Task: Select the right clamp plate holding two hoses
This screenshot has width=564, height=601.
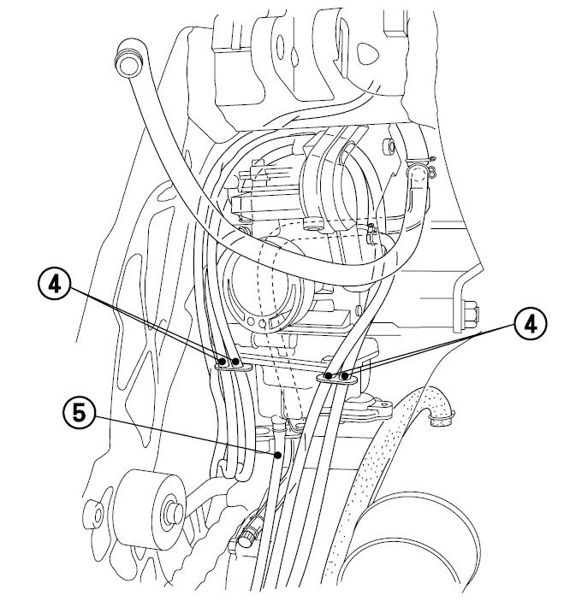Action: click(336, 376)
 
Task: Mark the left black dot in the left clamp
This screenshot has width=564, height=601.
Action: click(223, 363)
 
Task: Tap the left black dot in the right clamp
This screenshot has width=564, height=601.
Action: click(329, 376)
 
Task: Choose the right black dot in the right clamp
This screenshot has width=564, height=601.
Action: click(344, 375)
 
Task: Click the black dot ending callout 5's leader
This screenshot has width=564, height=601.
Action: click(279, 457)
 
